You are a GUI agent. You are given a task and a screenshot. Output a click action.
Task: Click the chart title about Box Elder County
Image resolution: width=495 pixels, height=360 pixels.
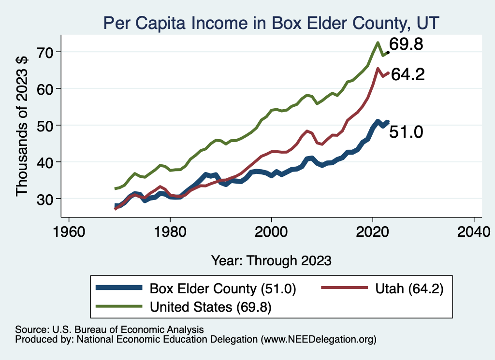(x=271, y=23)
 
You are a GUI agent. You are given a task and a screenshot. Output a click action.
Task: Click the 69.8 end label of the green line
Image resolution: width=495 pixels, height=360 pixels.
(x=407, y=45)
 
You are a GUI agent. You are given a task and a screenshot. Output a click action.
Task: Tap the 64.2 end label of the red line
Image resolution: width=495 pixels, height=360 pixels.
(x=408, y=75)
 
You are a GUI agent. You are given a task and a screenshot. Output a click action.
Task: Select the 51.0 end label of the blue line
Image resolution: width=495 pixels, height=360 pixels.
(x=407, y=132)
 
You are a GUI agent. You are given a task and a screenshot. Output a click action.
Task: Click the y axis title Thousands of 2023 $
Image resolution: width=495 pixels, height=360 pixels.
(x=23, y=125)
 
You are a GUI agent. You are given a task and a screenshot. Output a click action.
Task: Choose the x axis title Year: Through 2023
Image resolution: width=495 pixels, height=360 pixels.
(x=271, y=260)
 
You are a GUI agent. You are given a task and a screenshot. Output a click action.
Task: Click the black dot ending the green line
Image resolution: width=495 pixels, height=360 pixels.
(x=388, y=52)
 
